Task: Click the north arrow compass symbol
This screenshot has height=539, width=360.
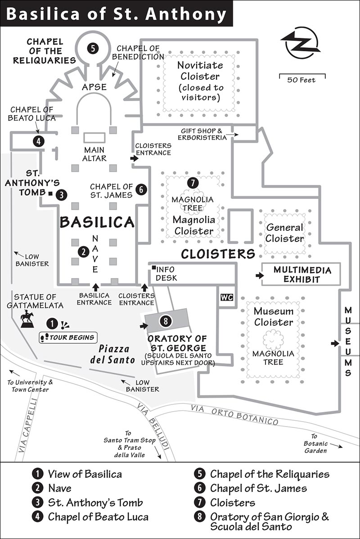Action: click(x=301, y=43)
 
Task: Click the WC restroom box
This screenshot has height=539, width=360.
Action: click(x=227, y=297)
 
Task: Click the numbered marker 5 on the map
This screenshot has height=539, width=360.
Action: click(x=92, y=49)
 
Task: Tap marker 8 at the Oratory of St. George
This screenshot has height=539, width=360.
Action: click(x=166, y=321)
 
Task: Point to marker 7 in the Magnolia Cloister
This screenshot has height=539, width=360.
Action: click(x=193, y=183)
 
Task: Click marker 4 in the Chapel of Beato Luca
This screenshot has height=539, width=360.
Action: click(x=39, y=141)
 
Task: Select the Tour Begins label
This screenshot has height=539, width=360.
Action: click(x=68, y=337)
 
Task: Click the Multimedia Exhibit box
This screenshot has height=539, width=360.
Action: click(x=301, y=274)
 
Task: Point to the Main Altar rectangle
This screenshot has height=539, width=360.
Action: click(x=94, y=138)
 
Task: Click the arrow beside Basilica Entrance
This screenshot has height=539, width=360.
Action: click(x=95, y=287)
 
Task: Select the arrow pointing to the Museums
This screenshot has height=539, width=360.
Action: click(x=335, y=343)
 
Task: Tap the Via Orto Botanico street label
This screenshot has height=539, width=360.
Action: click(x=234, y=414)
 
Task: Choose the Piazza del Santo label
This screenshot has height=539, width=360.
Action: click(x=112, y=354)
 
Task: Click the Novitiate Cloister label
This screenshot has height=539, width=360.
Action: click(x=200, y=71)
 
